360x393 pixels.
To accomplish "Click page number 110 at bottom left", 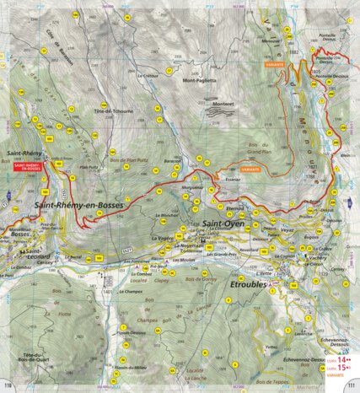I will pos(9,386).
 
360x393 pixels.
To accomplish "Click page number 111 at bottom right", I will pos(351,386).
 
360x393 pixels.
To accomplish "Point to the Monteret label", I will pos(223,104).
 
